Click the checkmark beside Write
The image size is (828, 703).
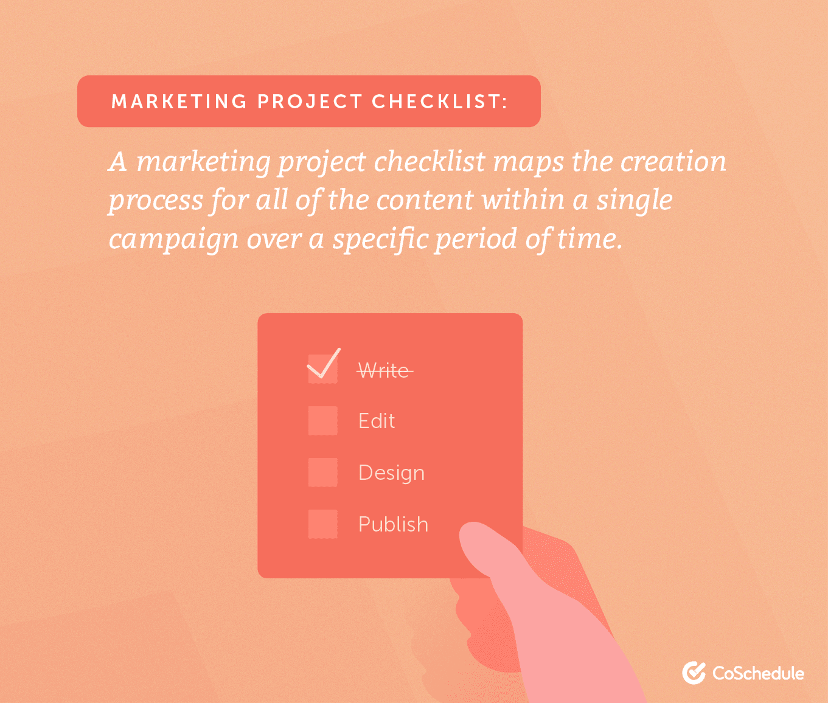[x=323, y=365]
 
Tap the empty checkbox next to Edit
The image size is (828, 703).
[x=322, y=421]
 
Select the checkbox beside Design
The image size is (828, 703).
[x=322, y=473]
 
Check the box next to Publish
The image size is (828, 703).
[x=322, y=524]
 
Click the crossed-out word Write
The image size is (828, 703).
[x=384, y=370]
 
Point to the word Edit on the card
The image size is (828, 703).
[x=377, y=421]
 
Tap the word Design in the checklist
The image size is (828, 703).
[x=391, y=473]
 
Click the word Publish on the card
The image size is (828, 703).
[x=393, y=524]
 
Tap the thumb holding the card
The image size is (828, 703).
[x=487, y=547]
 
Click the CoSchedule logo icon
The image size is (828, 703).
[x=694, y=673]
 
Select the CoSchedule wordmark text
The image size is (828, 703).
[x=758, y=673]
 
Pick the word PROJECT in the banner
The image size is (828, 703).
[x=310, y=102]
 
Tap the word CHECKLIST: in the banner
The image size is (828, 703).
[x=440, y=102]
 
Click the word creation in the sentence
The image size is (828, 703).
[x=673, y=162]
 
